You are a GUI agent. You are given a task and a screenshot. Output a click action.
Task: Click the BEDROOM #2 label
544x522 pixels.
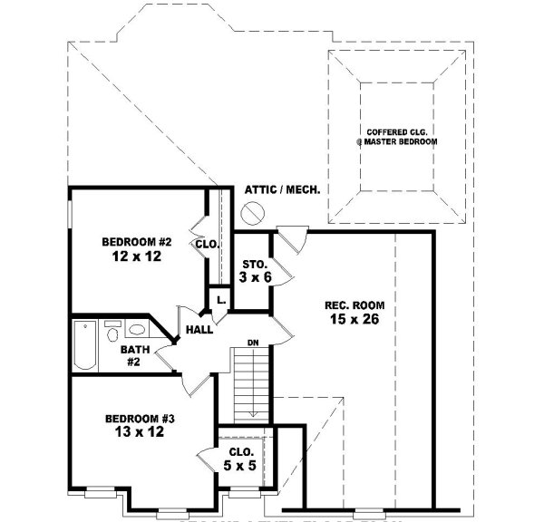(x=137, y=242)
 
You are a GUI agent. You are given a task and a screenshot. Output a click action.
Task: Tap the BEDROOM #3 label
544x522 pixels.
(x=140, y=418)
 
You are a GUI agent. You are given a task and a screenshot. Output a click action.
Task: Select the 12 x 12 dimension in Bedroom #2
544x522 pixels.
(x=137, y=257)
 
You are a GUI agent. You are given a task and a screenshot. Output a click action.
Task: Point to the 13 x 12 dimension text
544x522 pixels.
(x=140, y=433)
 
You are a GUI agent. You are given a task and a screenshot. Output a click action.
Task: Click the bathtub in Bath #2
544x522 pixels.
(x=84, y=345)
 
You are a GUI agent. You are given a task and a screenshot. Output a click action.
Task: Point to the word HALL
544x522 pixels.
(x=199, y=330)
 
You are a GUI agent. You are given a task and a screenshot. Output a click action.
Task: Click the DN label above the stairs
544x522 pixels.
(x=255, y=343)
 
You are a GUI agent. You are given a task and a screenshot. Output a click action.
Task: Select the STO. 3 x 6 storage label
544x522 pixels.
(x=255, y=270)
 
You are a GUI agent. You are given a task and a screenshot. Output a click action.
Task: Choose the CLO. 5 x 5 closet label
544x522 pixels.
(x=240, y=457)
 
